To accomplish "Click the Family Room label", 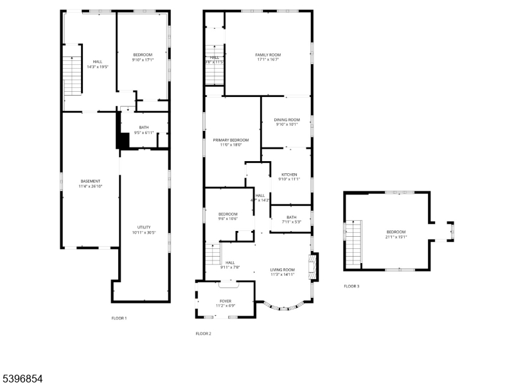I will pos(268,55).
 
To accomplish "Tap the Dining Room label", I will pos(287,120).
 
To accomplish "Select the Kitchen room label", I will pos(288,175).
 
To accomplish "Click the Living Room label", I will pos(282,269).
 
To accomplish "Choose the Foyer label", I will pos(225,301).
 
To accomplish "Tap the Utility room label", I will pos(144,227).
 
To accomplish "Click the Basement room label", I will pos(90,182).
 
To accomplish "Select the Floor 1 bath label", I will pos(144,128).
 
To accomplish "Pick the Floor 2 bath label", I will pos(292,218).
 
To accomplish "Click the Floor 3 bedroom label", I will pos(396,232).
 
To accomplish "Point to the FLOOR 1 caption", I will pos(119,318).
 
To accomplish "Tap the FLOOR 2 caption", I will pos(203,334).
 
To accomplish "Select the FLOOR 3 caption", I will pos(351,286).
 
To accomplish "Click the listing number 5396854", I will pos(22,379).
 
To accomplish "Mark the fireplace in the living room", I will pos(314,266).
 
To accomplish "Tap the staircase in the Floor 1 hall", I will pos(72,74).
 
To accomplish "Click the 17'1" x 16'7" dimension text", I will pos(268,60).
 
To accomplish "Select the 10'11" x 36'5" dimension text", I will pos(144,232).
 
